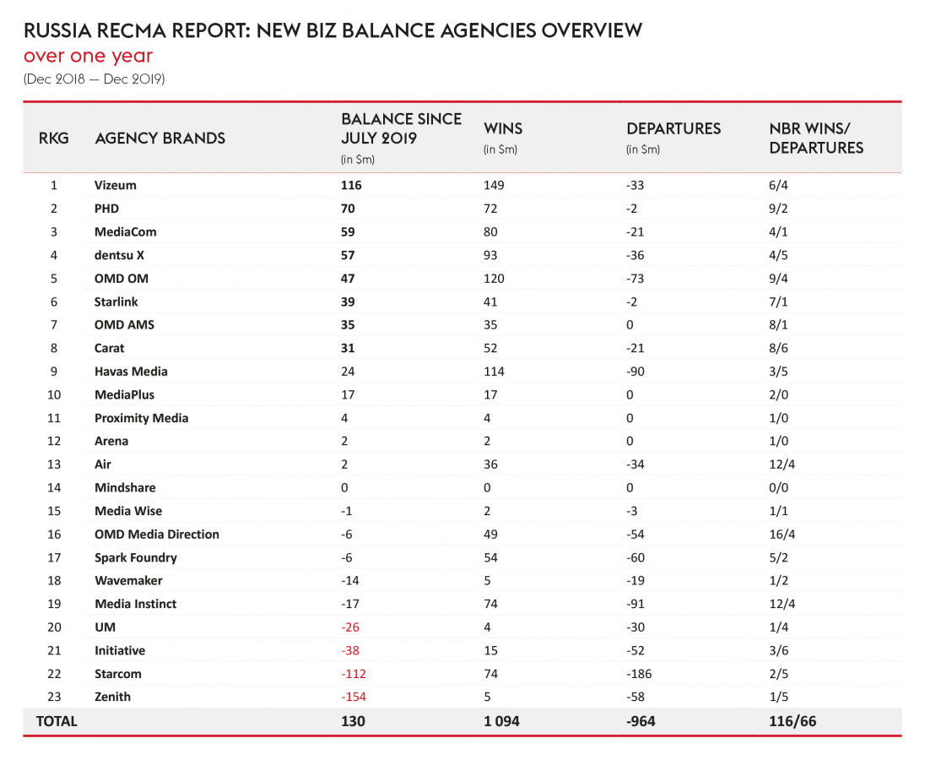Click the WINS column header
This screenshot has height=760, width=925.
pyautogui.click(x=503, y=129)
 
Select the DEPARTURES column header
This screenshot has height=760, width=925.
pyautogui.click(x=673, y=129)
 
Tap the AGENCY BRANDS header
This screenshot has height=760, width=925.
pyautogui.click(x=160, y=138)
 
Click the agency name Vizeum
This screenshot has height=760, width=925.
pyautogui.click(x=116, y=185)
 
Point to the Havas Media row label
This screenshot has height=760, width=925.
pyautogui.click(x=131, y=372)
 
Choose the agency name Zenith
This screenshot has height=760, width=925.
pyautogui.click(x=112, y=697)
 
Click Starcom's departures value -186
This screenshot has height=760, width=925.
pyautogui.click(x=639, y=674)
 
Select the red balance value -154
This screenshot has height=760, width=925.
pyautogui.click(x=353, y=697)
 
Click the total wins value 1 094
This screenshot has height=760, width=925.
pyautogui.click(x=501, y=721)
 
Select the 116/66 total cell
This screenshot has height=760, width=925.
pyautogui.click(x=792, y=721)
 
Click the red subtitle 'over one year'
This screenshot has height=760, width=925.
pyautogui.click(x=89, y=57)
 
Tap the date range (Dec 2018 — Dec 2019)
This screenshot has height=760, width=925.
pyautogui.click(x=94, y=80)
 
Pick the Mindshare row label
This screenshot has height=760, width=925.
pyautogui.click(x=125, y=488)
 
